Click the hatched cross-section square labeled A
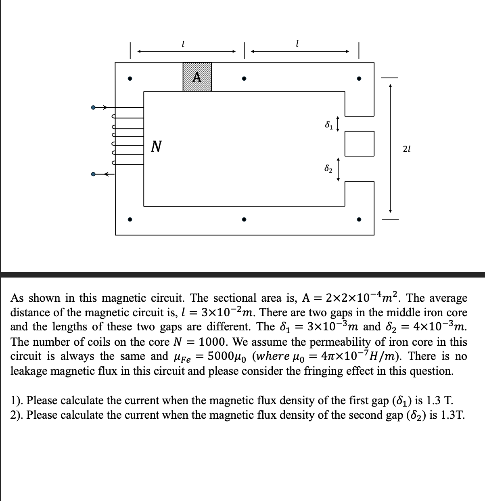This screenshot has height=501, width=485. pos(197,77)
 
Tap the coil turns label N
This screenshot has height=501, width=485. pos(156,146)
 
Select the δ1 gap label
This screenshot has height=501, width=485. pos(329,125)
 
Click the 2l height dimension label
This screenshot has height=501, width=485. pos(407,149)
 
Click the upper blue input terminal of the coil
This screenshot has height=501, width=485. pos(93,108)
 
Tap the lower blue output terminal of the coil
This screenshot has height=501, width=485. pos(93,175)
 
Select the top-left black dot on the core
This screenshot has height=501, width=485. pos(130,79)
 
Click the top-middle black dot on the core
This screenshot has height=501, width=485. pos(244,79)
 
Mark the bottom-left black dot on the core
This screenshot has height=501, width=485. pos(130,220)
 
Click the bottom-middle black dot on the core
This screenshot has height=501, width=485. pos(244,220)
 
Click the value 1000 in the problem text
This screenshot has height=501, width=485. pos(215,342)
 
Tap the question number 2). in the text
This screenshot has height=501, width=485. pos(17,415)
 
